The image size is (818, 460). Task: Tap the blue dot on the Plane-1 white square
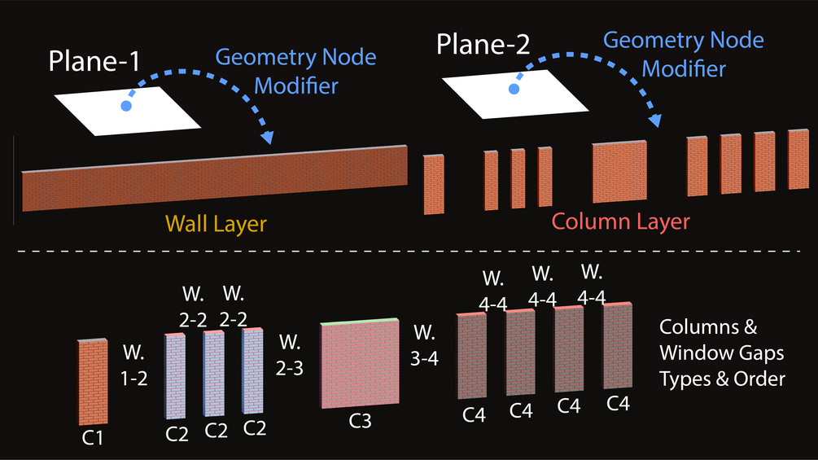(x=125, y=106)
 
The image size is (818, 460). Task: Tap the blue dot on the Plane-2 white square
(x=514, y=88)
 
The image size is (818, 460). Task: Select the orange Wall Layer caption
(x=216, y=223)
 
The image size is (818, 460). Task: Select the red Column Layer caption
(x=620, y=221)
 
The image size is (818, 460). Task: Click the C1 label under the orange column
(x=93, y=437)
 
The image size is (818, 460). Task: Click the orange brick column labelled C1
(x=93, y=381)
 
